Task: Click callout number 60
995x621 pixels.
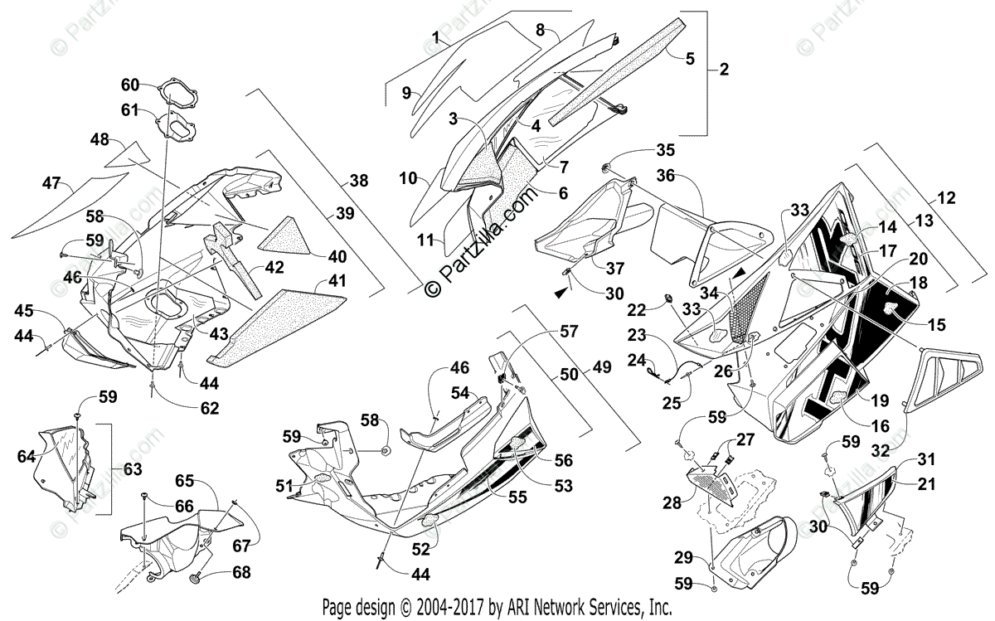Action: (131, 85)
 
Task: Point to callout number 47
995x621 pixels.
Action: (51, 182)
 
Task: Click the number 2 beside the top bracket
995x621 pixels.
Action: (723, 70)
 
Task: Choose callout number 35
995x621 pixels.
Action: (689, 150)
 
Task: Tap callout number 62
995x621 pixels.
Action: (210, 408)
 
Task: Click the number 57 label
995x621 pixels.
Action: (568, 331)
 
